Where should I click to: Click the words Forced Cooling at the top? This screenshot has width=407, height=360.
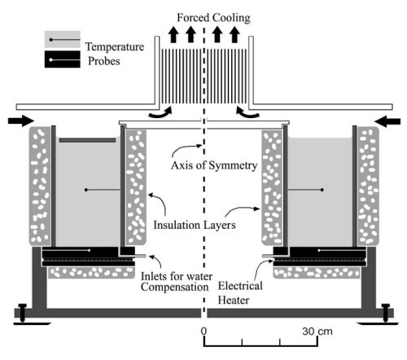click(213, 18)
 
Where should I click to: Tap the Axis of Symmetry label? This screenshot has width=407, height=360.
click(214, 165)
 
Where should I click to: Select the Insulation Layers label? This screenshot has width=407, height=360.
click(195, 225)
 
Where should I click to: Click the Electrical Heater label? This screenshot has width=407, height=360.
click(240, 293)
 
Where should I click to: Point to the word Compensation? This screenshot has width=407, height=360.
click(175, 288)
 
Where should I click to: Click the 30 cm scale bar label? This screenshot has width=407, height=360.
click(317, 331)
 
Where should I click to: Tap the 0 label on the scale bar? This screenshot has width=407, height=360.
click(203, 331)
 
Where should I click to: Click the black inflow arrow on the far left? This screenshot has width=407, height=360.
click(21, 121)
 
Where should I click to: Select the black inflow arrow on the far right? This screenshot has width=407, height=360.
click(387, 121)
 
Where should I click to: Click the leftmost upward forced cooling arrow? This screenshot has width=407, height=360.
click(173, 34)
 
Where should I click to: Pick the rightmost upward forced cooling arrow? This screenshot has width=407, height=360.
click(234, 34)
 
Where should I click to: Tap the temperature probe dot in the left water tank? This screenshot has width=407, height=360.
click(86, 190)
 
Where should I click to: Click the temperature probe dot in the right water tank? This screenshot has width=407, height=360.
click(322, 190)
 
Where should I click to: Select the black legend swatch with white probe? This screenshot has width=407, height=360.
click(63, 59)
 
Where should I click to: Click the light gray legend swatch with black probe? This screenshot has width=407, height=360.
click(63, 40)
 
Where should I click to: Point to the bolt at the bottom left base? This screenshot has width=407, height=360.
click(23, 313)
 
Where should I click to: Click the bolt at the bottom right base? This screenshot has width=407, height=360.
click(386, 313)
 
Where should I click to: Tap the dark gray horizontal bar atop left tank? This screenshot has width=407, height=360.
click(88, 140)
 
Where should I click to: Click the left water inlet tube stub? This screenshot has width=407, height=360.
click(140, 256)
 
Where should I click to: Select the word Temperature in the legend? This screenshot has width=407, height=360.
click(115, 46)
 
